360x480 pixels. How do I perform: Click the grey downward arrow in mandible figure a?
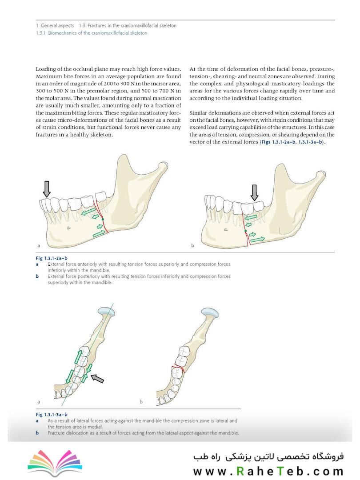click(47, 189)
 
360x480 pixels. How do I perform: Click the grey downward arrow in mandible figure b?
click(254, 192)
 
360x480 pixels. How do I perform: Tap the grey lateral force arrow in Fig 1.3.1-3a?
click(98, 378)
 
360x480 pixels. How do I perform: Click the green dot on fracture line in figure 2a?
click(103, 219)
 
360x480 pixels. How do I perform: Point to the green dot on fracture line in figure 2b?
click(245, 231)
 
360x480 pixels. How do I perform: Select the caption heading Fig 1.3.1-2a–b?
click(52, 258)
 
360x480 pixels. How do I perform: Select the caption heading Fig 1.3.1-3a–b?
click(52, 415)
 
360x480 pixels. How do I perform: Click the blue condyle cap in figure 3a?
click(107, 311)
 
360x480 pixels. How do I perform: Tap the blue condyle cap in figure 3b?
click(210, 312)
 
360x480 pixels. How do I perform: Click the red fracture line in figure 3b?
click(178, 368)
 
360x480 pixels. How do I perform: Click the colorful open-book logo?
click(55, 463)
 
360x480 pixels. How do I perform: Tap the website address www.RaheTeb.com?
click(268, 471)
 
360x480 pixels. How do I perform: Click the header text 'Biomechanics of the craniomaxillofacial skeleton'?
click(98, 33)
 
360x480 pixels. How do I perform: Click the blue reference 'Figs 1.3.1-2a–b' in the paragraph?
click(279, 142)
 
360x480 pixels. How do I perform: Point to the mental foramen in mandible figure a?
click(69, 228)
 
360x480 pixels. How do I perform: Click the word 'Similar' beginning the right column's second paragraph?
click(198, 113)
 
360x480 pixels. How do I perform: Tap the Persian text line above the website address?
click(268, 456)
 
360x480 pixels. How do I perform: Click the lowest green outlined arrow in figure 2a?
click(99, 234)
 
